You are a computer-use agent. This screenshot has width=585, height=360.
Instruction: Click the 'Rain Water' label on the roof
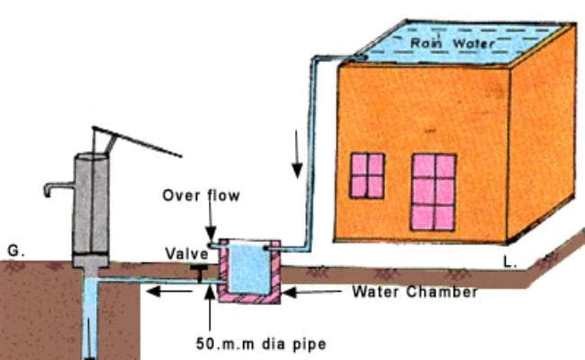(x=447, y=42)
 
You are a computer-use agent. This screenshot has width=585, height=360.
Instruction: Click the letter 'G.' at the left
(x=15, y=244)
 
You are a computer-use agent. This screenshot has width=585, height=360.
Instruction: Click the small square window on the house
(x=367, y=175)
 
